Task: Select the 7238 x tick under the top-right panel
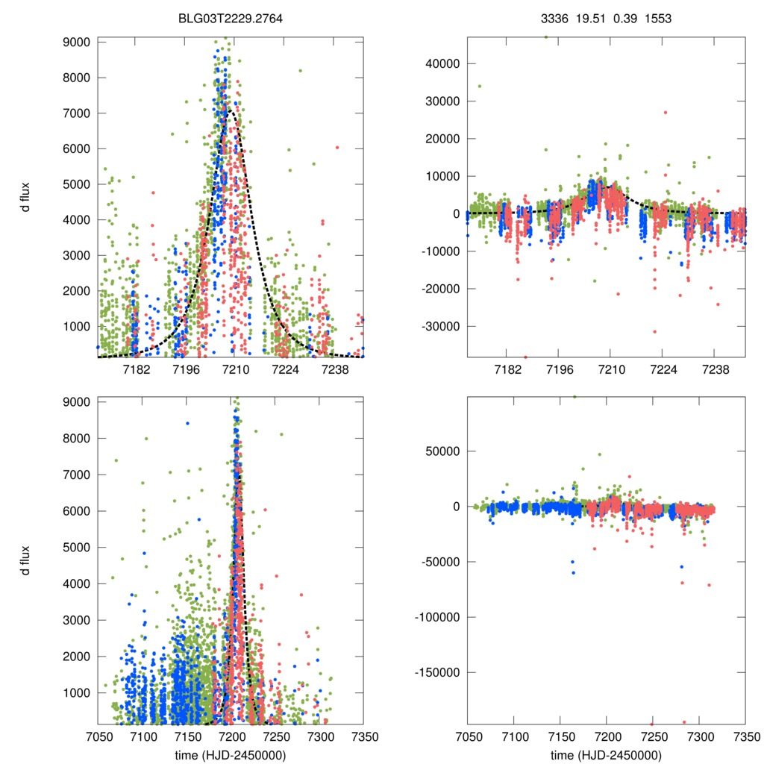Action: [x=716, y=370]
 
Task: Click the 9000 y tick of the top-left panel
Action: [x=76, y=42]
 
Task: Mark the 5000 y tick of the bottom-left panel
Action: [x=76, y=548]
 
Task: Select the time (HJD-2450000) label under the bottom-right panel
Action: [x=606, y=755]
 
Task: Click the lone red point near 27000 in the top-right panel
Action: [x=666, y=113]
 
